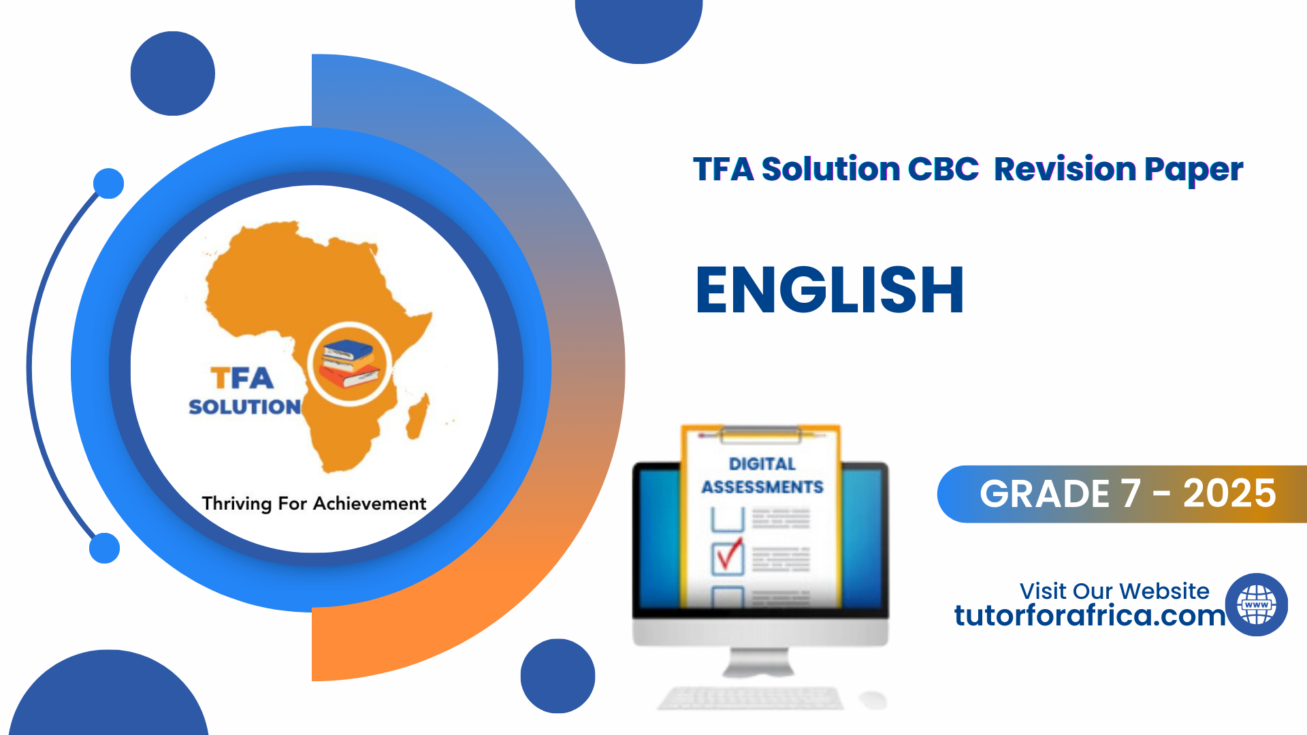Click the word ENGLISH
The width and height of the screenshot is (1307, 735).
coord(830,290)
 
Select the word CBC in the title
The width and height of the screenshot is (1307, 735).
coord(943,169)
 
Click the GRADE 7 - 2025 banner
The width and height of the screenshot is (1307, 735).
coord(1122,494)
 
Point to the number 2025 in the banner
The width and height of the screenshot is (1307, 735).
coord(1229,493)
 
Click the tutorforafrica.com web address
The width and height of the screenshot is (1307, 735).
coord(1090,615)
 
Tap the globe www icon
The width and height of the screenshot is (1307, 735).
coord(1257,604)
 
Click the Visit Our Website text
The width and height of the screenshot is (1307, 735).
coord(1114,591)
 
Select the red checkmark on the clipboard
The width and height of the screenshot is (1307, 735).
coord(729,554)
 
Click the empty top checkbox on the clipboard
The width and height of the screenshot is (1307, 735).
coord(728,519)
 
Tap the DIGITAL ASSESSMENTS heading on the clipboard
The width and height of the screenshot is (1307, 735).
coord(762,475)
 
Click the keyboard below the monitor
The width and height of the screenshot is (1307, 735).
coord(750,698)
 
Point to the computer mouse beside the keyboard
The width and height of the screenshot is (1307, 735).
coord(872,699)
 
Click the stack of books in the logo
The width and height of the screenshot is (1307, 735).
coord(349,363)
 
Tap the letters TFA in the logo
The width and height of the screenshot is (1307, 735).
coord(242,378)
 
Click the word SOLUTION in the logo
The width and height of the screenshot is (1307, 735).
coord(244,406)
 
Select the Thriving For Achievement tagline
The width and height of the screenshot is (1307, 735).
coord(314,504)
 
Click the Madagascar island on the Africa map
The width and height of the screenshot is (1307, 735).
coord(417,416)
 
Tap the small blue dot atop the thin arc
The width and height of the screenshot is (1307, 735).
coord(108,183)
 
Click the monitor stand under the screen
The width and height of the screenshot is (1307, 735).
coord(758,662)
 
